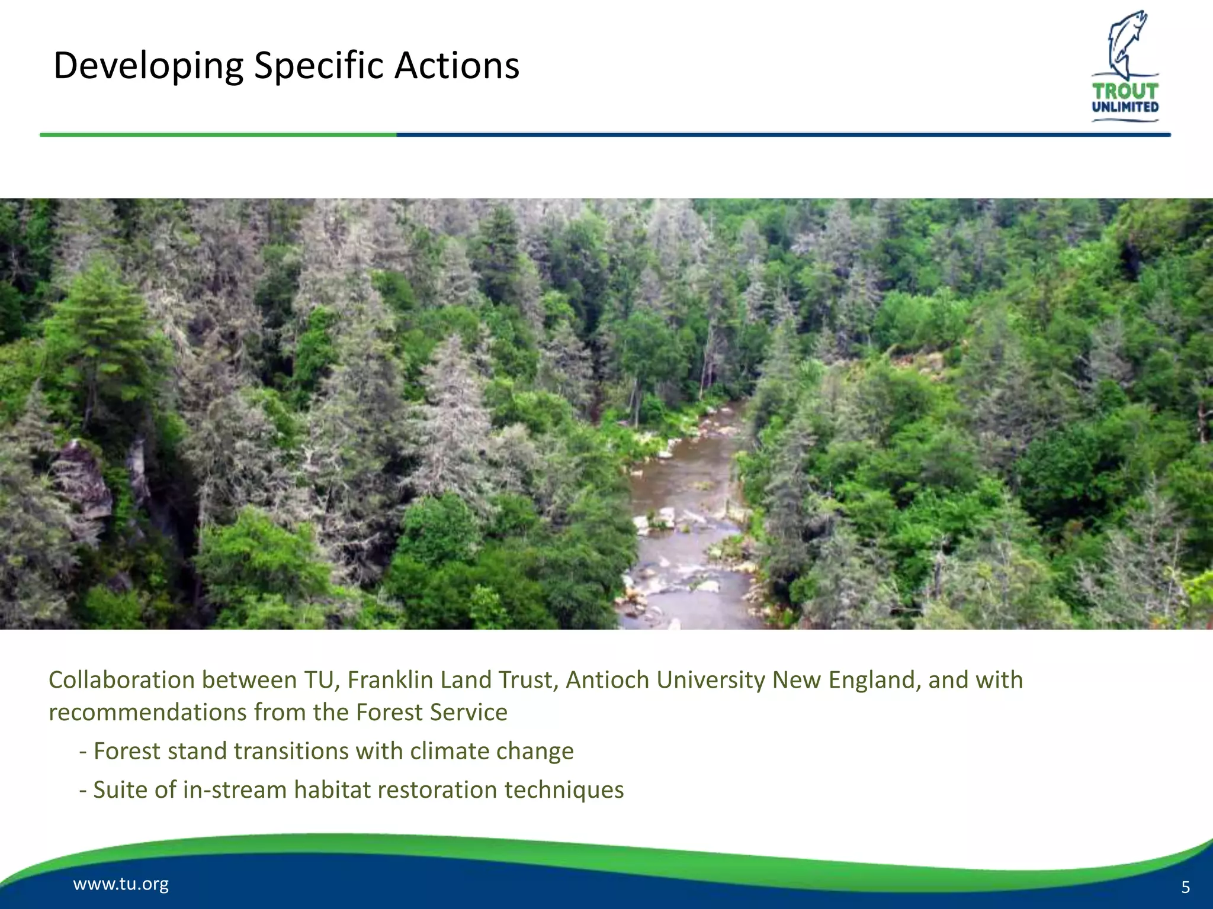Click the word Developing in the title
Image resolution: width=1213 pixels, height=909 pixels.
pos(148,66)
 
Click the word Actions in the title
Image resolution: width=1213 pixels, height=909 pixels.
pos(457,65)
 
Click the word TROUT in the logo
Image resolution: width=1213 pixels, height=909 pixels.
pos(1125,91)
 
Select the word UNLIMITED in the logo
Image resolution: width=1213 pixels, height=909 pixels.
pos(1125,107)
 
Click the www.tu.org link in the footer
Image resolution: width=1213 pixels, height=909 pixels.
pos(121,884)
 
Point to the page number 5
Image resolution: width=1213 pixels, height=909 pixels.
pos(1185,887)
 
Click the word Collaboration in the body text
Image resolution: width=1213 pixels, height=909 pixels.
pos(121,680)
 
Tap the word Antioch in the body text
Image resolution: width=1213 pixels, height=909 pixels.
pos(608,680)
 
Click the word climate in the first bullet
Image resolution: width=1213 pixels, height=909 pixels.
pos(450,752)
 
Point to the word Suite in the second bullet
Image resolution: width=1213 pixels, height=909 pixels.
pos(118,790)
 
